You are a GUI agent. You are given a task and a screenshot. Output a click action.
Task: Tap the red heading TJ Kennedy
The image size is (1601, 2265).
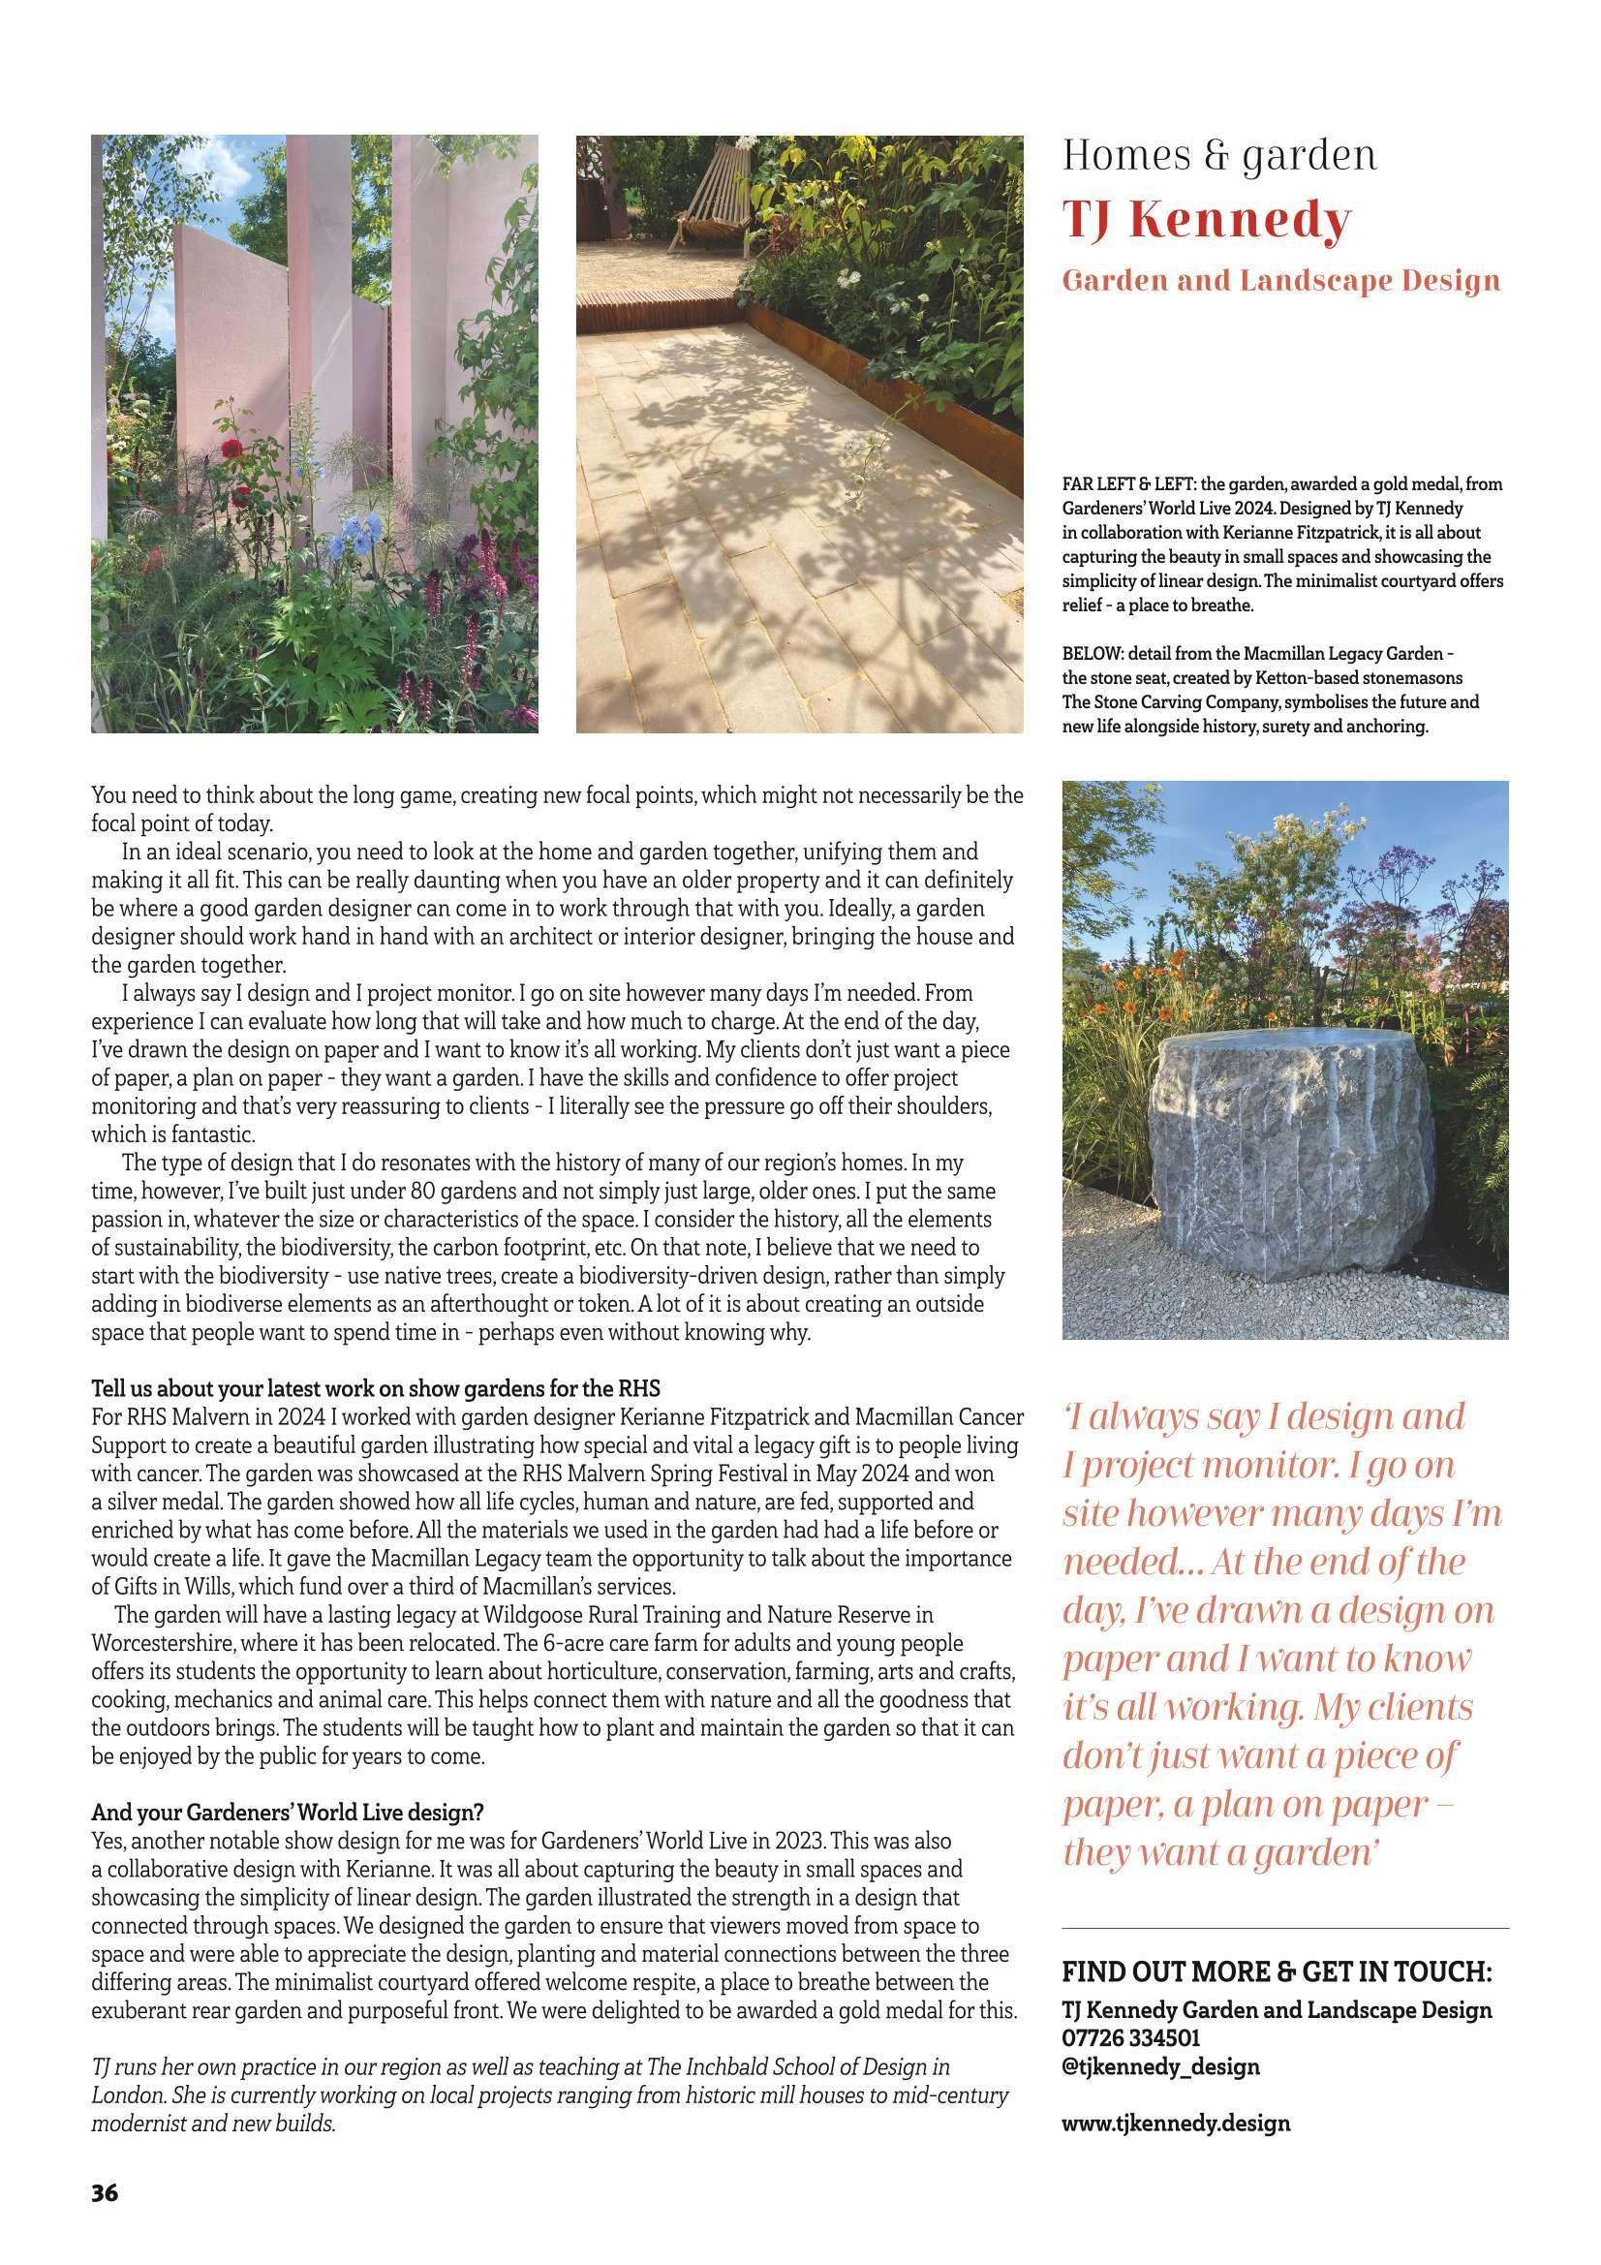(1205, 222)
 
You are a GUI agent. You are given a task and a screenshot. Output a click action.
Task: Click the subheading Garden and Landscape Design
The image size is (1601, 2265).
(1280, 281)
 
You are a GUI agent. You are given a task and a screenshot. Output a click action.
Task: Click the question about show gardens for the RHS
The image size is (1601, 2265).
(375, 1388)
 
